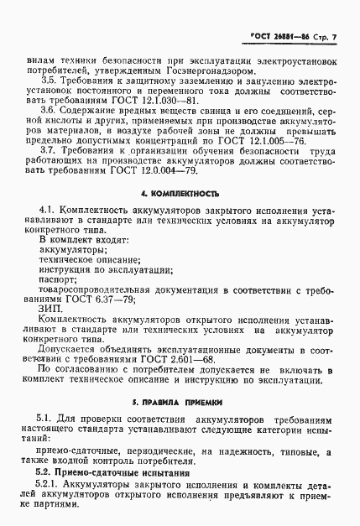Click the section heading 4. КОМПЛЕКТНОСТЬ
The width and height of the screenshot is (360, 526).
coord(180,192)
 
